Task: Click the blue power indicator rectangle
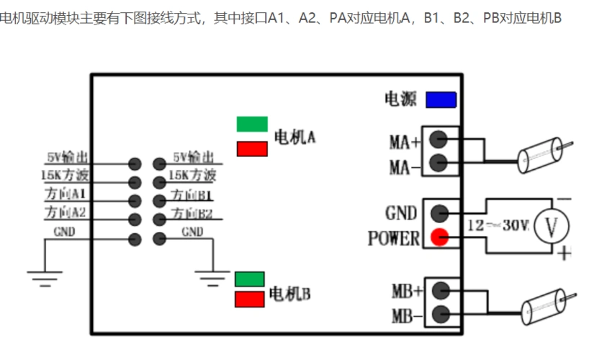[x=441, y=99]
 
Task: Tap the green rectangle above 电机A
[x=252, y=124]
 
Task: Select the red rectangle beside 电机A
[x=252, y=148]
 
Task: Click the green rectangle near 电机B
[x=250, y=279]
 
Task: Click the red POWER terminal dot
[x=439, y=237]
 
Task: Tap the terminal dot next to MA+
[x=439, y=138]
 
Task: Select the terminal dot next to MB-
[x=439, y=314]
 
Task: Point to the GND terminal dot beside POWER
[x=439, y=213]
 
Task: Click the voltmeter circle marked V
[x=552, y=226]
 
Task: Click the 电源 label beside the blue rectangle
[x=400, y=99]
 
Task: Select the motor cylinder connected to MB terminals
[x=542, y=308]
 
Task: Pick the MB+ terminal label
[x=406, y=292]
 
